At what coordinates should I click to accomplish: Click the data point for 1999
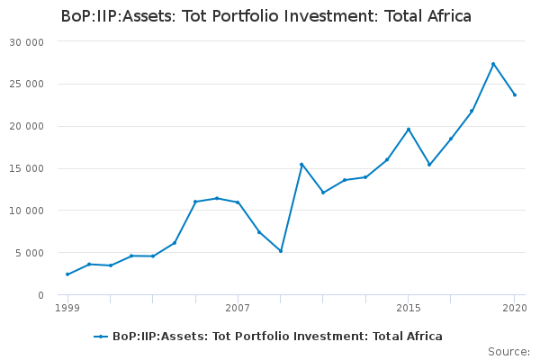[67, 274]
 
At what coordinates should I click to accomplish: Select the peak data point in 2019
[493, 64]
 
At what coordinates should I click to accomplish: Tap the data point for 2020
[515, 94]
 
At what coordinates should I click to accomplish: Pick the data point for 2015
[409, 130]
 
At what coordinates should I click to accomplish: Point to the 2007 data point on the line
[238, 202]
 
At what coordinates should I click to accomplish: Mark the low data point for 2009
[281, 251]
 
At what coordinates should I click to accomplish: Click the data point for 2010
[301, 164]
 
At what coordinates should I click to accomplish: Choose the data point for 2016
[429, 165]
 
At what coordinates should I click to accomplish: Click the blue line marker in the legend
[101, 337]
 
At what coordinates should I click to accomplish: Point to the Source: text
[508, 351]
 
